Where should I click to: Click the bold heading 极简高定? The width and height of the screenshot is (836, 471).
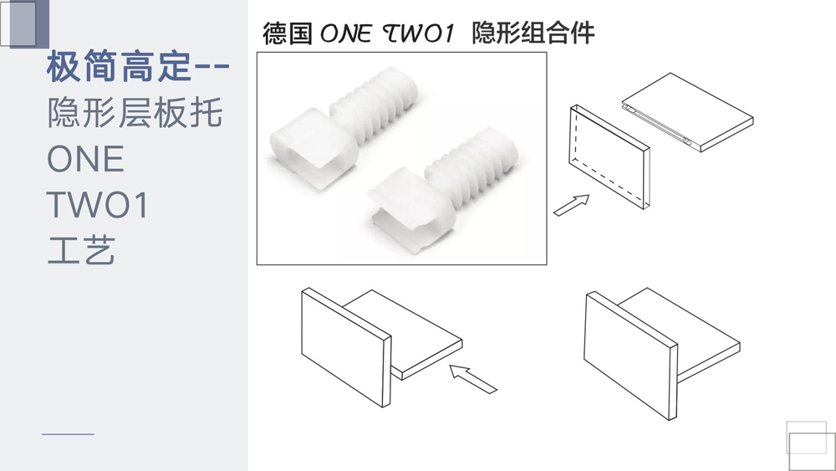120,66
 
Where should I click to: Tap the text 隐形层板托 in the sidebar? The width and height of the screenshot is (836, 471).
135,113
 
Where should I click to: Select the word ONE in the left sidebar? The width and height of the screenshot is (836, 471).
85,159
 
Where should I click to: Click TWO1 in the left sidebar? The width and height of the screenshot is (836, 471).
97,205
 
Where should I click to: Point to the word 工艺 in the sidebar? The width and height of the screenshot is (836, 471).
81,249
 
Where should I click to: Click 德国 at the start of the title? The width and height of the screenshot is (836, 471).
288,33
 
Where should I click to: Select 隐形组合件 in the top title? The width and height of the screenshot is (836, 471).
533,33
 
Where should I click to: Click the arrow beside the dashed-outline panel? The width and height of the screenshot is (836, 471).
571,205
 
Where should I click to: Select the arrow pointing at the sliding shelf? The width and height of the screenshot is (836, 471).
473,379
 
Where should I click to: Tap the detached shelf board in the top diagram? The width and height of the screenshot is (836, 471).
688,112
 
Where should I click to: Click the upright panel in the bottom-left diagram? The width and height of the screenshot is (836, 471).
346,347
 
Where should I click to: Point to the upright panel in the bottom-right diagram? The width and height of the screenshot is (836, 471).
630,356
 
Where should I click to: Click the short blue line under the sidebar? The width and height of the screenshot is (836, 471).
69,434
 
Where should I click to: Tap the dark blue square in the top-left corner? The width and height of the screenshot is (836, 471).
29,23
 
